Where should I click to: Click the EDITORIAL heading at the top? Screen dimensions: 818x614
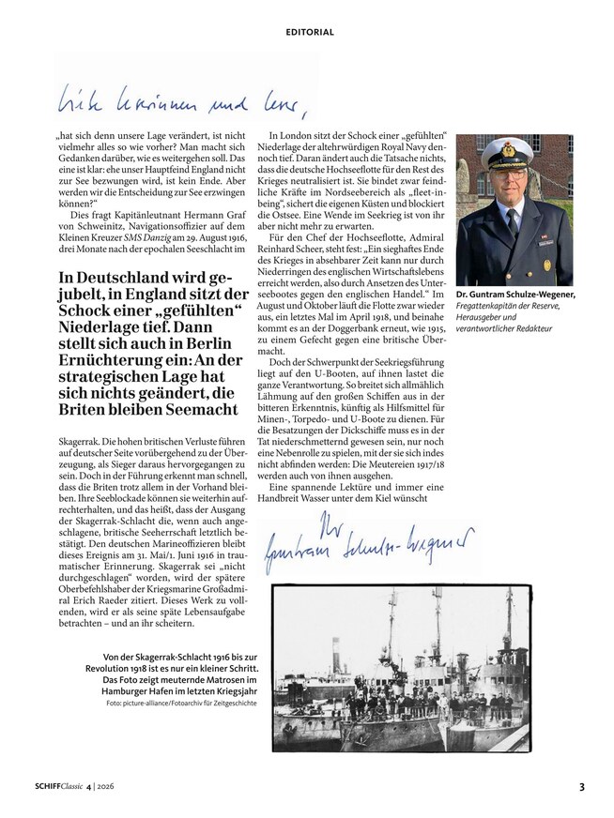click(310, 32)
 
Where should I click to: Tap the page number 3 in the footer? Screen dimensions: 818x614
click(582, 786)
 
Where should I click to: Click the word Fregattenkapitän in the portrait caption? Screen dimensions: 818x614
click(489, 306)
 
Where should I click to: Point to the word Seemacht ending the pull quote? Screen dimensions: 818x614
click(204, 411)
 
